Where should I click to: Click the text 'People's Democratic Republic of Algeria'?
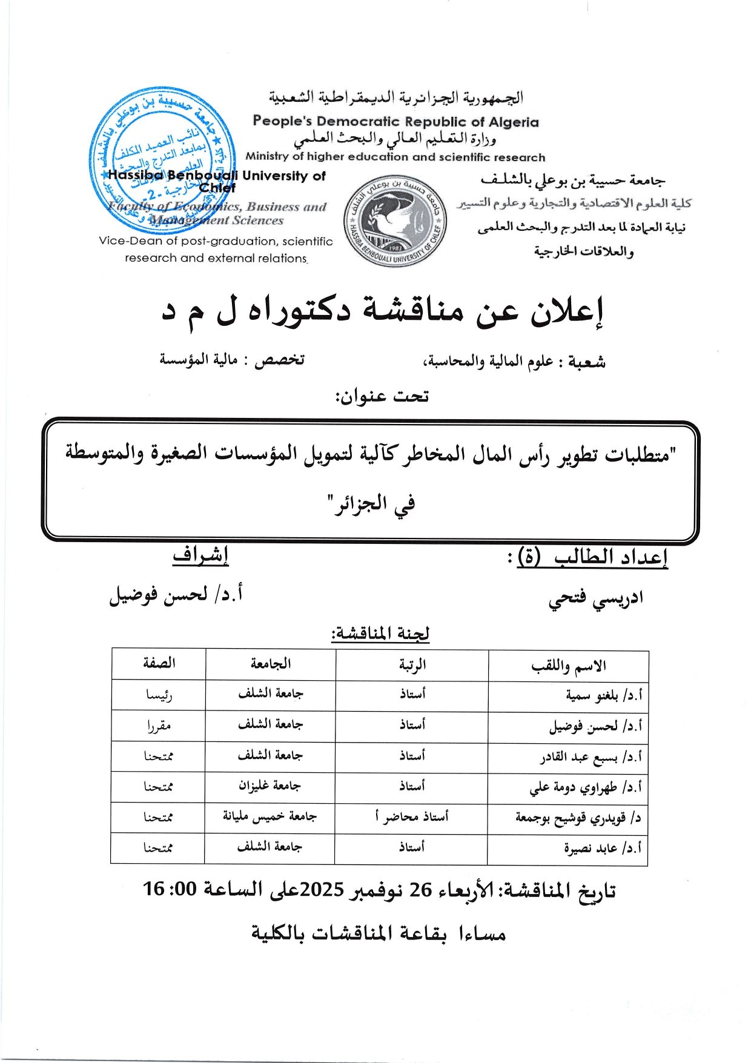[395, 122]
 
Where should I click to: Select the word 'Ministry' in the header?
[267, 156]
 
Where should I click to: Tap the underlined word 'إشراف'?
[200, 556]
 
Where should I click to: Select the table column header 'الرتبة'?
[412, 665]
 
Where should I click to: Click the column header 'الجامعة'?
[270, 664]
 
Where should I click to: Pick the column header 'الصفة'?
[159, 663]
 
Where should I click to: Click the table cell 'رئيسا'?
[159, 695]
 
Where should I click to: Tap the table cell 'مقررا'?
[159, 726]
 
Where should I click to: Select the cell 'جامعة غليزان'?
[270, 786]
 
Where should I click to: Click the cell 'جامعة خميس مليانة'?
[270, 817]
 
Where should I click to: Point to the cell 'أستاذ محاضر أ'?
[412, 817]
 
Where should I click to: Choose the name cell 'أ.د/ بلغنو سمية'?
[603, 695]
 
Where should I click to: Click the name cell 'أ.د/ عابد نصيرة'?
[602, 849]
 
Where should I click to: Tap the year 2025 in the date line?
[322, 890]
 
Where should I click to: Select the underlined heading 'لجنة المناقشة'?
[380, 634]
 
